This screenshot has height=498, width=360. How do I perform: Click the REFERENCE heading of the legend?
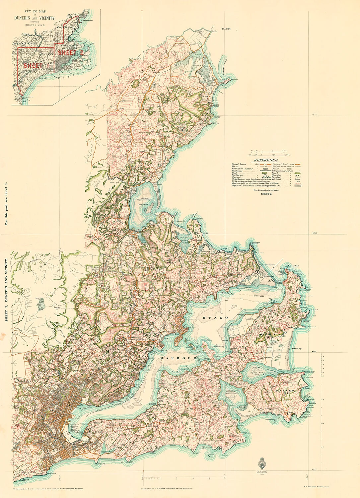pos(266,160)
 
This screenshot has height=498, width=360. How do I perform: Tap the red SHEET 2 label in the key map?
pos(71,52)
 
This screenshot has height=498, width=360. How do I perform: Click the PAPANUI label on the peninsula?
pos(284,391)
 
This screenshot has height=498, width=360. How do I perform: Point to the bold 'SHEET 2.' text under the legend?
pos(266,194)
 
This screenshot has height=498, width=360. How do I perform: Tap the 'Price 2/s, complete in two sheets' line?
pos(266,190)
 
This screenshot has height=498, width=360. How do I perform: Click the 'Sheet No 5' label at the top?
pos(226,29)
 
